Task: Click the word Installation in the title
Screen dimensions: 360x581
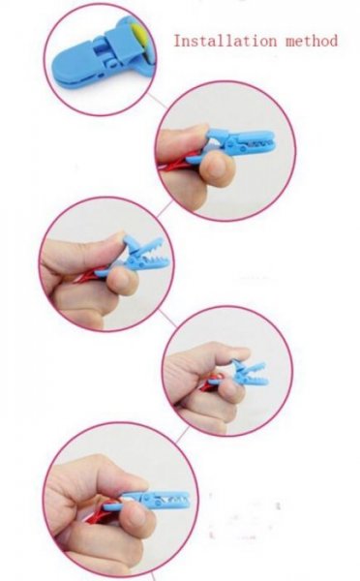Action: [225, 41]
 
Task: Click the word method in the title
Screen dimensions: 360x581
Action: [312, 41]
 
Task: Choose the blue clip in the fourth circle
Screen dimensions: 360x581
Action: [248, 373]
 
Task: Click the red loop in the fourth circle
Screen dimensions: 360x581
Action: [214, 381]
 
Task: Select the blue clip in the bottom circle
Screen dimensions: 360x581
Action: [148, 501]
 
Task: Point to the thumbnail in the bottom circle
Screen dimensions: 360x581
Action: [137, 516]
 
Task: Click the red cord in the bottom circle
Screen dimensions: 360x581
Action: [102, 511]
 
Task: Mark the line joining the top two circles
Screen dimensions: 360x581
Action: [158, 101]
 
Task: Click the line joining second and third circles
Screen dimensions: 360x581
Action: [165, 210]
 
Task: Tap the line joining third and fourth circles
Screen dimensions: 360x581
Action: [167, 319]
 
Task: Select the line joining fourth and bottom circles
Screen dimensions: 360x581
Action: [182, 434]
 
